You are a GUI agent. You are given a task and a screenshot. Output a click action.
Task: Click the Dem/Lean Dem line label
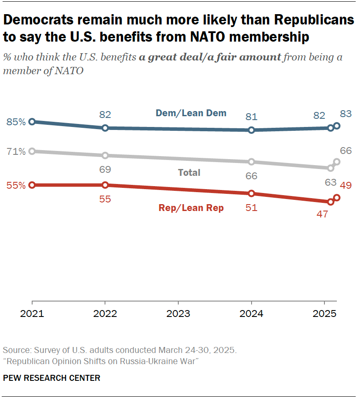point(191,113)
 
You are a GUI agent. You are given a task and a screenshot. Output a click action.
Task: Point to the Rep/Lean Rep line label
point(191,208)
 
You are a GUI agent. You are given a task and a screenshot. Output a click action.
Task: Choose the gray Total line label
point(189,172)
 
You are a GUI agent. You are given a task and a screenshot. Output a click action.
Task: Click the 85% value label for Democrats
point(16,122)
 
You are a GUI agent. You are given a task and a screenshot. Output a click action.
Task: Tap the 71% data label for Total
point(16,151)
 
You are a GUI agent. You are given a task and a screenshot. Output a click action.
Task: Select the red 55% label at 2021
point(16,185)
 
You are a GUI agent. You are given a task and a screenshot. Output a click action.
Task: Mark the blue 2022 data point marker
point(105,128)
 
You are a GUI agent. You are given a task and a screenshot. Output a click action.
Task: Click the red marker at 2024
point(252,193)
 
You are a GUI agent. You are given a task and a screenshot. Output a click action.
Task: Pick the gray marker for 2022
point(105,155)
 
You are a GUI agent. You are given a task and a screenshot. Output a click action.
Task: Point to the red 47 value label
point(322,214)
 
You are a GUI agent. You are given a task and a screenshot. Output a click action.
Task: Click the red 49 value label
point(346,185)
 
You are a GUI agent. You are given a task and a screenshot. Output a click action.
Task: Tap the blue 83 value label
point(346,114)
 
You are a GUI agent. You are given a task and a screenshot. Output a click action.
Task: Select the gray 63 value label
point(330,182)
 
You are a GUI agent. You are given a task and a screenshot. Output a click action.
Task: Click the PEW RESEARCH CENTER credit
point(51,378)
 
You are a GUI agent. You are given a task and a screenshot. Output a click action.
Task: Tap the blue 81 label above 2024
point(252,117)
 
